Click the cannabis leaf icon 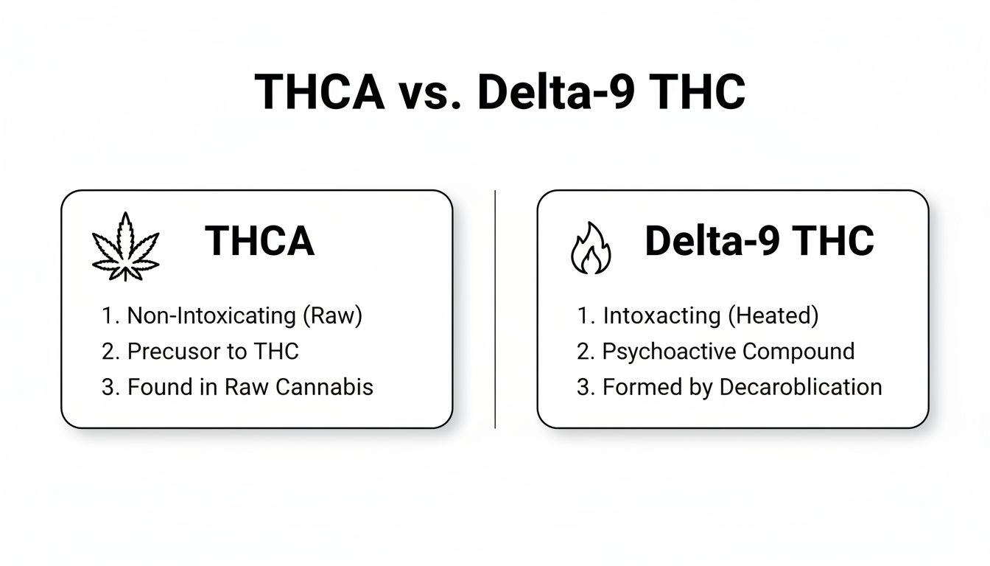coord(125,246)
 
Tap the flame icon coord(591,248)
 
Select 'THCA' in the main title coord(320,93)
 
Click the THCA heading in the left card coord(260,241)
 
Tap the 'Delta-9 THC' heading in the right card coord(759,241)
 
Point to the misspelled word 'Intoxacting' coord(661,315)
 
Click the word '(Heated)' coord(773,315)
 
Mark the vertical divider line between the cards coord(495,309)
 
